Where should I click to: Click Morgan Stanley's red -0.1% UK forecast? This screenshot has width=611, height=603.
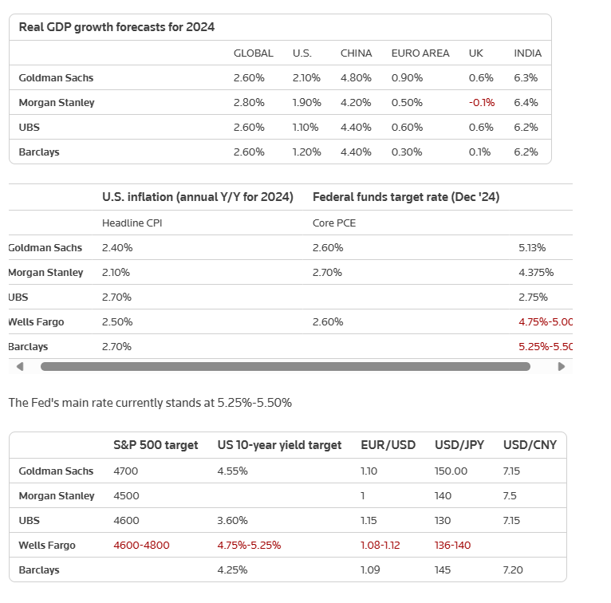pos(482,102)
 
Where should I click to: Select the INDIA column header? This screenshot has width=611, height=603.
pos(527,53)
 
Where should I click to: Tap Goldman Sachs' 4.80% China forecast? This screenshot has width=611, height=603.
pos(356,78)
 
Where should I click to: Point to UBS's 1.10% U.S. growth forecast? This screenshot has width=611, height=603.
pos(305,128)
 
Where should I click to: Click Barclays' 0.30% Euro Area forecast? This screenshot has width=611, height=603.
pos(407,152)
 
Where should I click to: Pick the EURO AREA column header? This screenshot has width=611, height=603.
pos(420,53)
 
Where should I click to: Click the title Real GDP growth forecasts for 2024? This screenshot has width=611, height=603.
pos(116,27)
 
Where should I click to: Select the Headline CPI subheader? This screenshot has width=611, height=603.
pos(132,223)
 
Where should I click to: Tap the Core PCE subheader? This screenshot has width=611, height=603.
pos(334,223)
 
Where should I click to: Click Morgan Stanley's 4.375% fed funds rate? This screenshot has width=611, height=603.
pos(536,272)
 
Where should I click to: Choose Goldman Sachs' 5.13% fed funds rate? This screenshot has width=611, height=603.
pos(532,248)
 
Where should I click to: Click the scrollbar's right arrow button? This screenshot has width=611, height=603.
pos(561,367)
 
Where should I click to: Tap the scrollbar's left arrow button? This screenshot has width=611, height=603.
pos(20,367)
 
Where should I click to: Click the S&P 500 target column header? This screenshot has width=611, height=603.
pos(156,445)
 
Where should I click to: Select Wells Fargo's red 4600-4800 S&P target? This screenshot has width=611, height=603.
pos(141,545)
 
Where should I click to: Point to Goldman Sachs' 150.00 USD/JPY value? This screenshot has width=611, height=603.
pos(451,471)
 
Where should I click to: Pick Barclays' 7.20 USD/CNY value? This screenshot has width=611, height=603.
pos(513,569)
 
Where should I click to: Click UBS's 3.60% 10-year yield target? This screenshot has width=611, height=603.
pos(232,520)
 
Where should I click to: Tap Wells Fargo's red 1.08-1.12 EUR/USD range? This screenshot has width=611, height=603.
pos(380,545)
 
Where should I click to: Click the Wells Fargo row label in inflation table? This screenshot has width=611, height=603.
pos(36,321)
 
